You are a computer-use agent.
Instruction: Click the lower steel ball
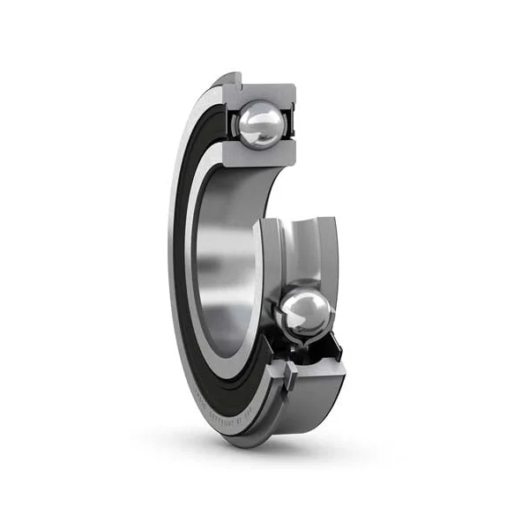pos(306,313)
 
